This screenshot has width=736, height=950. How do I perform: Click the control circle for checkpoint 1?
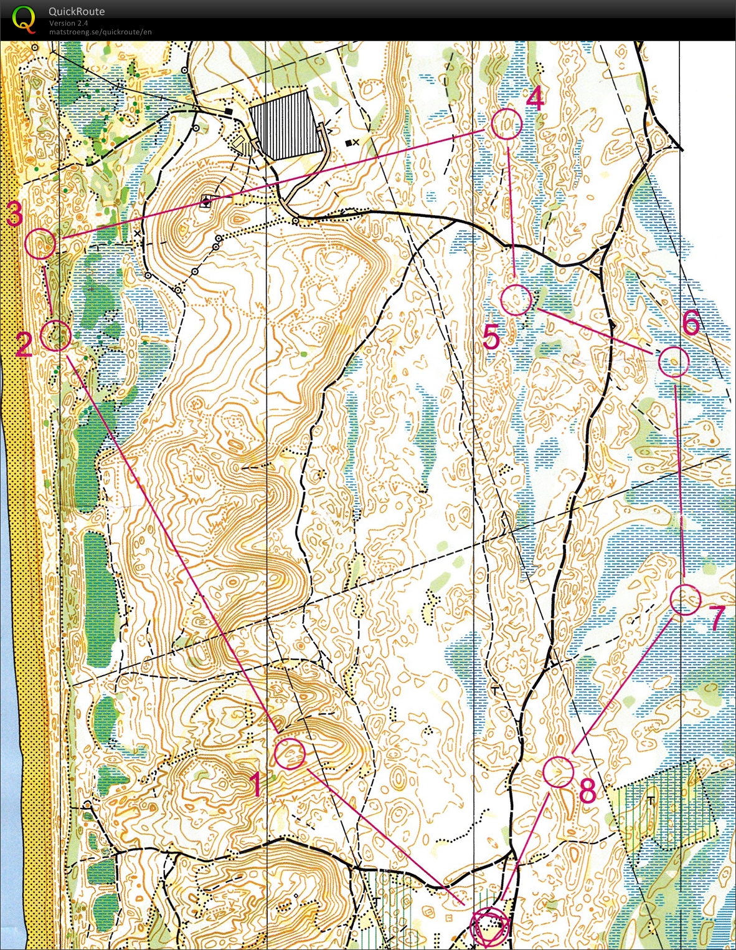(x=290, y=753)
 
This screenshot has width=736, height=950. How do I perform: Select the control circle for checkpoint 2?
(x=55, y=335)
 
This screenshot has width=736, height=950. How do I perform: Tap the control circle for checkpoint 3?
(x=41, y=244)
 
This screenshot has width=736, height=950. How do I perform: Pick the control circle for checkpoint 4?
(x=506, y=124)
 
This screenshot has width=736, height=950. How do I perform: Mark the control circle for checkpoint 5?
(x=517, y=300)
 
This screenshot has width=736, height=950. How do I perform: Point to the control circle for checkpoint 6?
(x=674, y=362)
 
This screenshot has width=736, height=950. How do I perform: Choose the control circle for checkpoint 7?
(x=686, y=600)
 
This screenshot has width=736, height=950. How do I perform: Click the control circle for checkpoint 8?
(x=558, y=772)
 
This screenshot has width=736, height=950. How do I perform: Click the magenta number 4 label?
(x=535, y=98)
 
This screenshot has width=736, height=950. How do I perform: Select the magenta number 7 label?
(x=717, y=619)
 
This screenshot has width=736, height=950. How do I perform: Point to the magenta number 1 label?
(x=255, y=784)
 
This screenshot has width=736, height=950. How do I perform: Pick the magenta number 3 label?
(x=15, y=214)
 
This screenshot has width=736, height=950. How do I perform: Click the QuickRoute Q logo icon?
(x=24, y=19)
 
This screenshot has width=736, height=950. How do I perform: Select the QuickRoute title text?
(x=77, y=11)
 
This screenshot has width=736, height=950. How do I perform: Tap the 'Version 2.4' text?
(x=68, y=23)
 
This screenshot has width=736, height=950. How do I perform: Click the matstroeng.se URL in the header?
(x=100, y=32)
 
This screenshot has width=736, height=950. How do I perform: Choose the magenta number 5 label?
(x=491, y=337)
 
